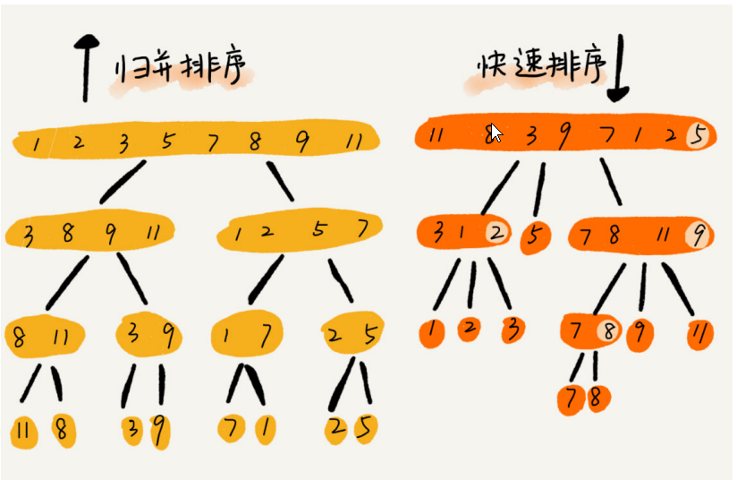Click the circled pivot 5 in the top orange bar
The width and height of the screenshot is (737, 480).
[699, 136]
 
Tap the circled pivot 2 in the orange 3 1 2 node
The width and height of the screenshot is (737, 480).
[496, 233]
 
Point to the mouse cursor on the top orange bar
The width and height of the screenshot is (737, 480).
[496, 133]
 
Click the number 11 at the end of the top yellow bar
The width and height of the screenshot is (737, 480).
[353, 141]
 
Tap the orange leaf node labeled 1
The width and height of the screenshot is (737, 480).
[433, 330]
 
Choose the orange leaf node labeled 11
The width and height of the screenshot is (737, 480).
[700, 333]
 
